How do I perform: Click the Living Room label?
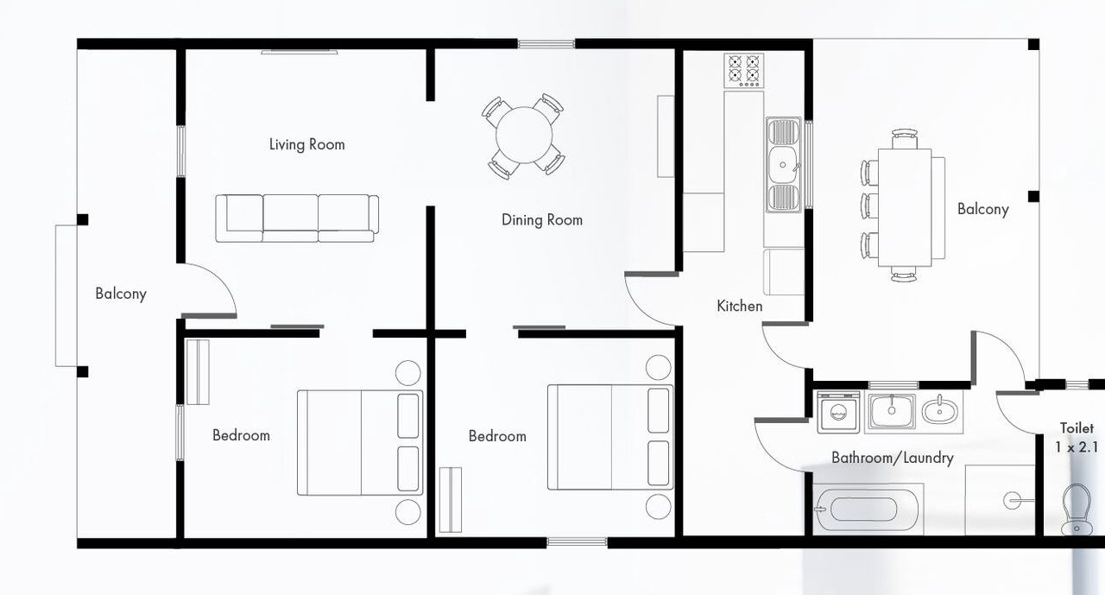[x=306, y=144]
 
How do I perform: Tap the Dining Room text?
[x=541, y=219]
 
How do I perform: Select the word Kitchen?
[x=740, y=306]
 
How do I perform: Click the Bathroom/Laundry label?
[x=893, y=458]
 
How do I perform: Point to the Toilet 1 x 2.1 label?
[x=1077, y=438]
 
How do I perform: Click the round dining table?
[x=524, y=136]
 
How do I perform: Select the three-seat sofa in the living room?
[x=297, y=218]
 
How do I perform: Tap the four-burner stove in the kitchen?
[x=744, y=71]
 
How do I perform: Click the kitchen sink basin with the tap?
[x=783, y=165]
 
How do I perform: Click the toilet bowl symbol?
[x=1077, y=509]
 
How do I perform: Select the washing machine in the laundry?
[x=838, y=412]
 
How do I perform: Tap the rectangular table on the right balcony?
[x=905, y=208]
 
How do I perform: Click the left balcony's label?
[x=121, y=294]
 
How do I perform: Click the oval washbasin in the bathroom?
[x=940, y=411]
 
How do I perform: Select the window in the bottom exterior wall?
[x=577, y=542]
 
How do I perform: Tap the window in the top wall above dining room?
[x=546, y=44]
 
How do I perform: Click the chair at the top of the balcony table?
[x=905, y=139]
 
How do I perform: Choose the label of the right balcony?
[x=982, y=209]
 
